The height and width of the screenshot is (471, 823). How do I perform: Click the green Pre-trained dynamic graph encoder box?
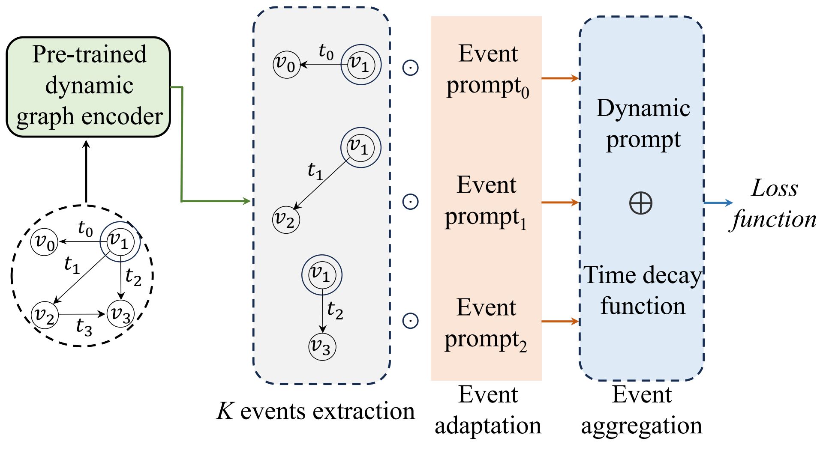[88, 86]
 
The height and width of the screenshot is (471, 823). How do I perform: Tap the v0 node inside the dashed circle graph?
[44, 242]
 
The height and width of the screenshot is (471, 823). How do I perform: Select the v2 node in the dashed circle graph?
[45, 315]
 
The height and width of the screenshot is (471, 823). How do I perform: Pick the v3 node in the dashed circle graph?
[120, 314]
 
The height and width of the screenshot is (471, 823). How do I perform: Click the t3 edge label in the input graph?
[84, 328]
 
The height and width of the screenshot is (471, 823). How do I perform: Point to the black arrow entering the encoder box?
[86, 171]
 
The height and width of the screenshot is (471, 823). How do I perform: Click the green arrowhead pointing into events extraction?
[246, 201]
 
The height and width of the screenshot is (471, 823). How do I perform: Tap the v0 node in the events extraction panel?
[286, 65]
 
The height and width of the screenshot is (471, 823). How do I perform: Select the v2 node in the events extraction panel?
[286, 220]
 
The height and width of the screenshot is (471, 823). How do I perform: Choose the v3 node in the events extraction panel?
[322, 346]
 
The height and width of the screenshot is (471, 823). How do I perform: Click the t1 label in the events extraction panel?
[315, 171]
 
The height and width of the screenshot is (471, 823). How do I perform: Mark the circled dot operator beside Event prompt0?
[410, 68]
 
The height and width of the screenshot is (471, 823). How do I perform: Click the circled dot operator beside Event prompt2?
[410, 320]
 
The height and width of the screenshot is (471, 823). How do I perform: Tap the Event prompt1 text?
[486, 201]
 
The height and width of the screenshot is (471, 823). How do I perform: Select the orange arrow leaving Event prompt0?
[560, 78]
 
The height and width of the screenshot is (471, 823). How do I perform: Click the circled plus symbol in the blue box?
[641, 203]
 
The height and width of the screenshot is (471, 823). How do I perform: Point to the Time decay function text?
[643, 290]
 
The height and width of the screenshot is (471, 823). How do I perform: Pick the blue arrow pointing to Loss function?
[718, 203]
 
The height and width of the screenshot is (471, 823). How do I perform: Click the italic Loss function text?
[774, 204]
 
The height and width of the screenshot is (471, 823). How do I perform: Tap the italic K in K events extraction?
[225, 411]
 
